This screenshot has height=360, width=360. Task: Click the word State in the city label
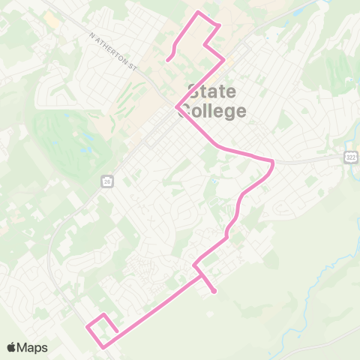click(211, 92)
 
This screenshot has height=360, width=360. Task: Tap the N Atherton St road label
click(113, 51)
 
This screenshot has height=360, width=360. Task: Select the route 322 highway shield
click(350, 156)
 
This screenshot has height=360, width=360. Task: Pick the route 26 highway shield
click(107, 181)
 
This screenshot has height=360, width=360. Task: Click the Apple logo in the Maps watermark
click(12, 347)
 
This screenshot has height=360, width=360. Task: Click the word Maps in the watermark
click(32, 347)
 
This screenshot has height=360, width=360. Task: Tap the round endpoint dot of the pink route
click(214, 291)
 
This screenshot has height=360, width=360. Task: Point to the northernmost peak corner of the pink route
click(198, 12)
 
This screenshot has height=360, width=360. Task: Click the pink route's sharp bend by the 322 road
click(273, 161)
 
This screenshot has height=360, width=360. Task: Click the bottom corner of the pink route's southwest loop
click(103, 346)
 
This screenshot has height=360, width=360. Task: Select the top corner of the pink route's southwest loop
click(103, 314)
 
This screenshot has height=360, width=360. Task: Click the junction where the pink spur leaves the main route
click(200, 274)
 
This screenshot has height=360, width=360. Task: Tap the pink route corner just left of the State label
click(177, 107)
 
